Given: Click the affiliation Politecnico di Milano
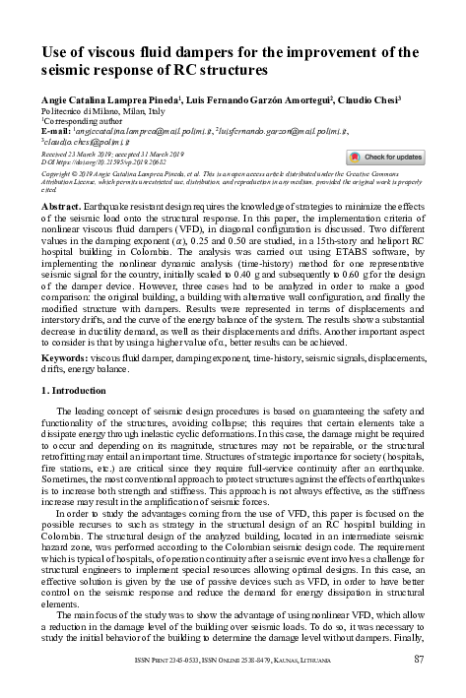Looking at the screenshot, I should point(87,112).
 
